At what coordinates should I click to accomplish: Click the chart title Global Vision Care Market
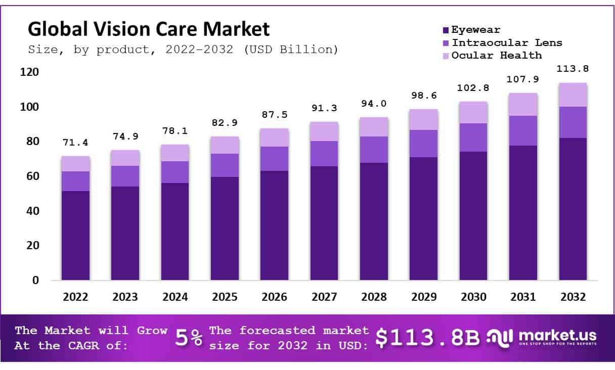click(x=148, y=29)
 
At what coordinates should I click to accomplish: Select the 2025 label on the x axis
click(x=225, y=297)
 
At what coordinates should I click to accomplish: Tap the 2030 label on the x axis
click(x=473, y=297)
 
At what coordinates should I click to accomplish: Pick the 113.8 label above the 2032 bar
click(x=573, y=69)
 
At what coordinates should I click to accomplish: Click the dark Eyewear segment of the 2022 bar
click(x=75, y=235)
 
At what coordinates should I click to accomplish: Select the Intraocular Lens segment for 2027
click(x=324, y=154)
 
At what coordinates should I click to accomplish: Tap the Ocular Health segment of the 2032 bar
click(x=573, y=95)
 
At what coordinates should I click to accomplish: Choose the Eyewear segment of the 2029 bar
click(x=424, y=218)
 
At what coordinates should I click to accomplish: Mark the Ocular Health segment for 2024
click(x=175, y=153)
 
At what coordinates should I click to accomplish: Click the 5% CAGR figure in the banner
click(x=189, y=338)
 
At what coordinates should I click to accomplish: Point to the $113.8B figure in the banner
click(x=427, y=338)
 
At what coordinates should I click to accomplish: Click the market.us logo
click(x=541, y=337)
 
